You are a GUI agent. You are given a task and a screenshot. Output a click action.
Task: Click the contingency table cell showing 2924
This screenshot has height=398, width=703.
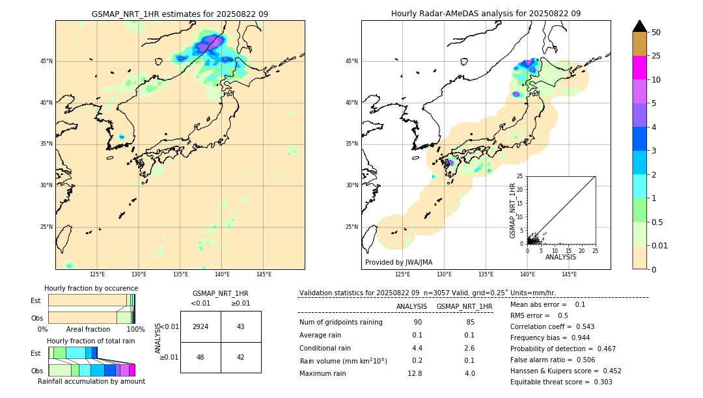(x=200, y=326)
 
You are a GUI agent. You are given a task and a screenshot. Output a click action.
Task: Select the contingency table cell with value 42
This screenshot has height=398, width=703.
(x=240, y=357)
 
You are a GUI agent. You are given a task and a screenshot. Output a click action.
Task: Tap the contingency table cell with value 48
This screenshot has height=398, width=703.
(x=200, y=357)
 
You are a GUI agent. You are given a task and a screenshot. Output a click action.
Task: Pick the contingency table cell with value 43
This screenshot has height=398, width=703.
(x=240, y=326)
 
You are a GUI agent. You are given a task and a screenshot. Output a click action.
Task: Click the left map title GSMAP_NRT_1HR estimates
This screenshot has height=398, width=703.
(x=180, y=14)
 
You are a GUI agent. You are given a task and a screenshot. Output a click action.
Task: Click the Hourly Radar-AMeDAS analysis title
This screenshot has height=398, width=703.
(x=486, y=14)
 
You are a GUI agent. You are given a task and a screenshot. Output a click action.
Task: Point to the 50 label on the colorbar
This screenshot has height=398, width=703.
(x=656, y=32)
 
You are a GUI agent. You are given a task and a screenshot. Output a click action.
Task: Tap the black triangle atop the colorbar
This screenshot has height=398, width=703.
(x=640, y=26)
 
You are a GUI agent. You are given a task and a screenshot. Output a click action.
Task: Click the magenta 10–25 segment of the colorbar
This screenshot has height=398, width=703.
(x=640, y=68)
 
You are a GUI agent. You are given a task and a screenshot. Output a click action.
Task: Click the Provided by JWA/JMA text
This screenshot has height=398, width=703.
(x=398, y=262)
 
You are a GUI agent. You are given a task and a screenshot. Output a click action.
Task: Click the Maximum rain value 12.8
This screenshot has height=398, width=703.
(x=415, y=373)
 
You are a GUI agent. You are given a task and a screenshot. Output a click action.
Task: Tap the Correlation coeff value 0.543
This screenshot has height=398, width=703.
(x=581, y=326)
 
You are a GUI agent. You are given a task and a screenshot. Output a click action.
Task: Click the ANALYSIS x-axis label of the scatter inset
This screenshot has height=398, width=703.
(x=560, y=257)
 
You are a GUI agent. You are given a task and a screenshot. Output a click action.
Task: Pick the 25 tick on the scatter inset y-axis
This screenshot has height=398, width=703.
(x=520, y=176)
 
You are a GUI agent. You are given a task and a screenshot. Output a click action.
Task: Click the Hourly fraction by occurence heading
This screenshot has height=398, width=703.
(x=91, y=288)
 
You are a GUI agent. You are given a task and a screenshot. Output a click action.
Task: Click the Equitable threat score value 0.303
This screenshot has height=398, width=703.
(x=600, y=382)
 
